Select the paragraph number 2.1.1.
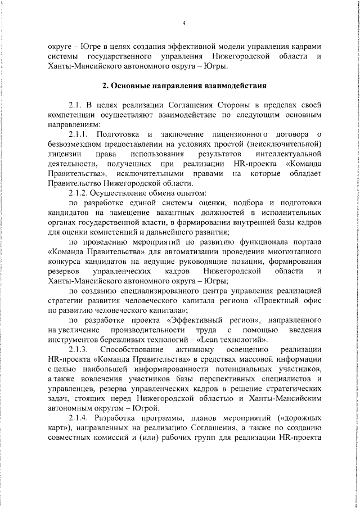[80, 134]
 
